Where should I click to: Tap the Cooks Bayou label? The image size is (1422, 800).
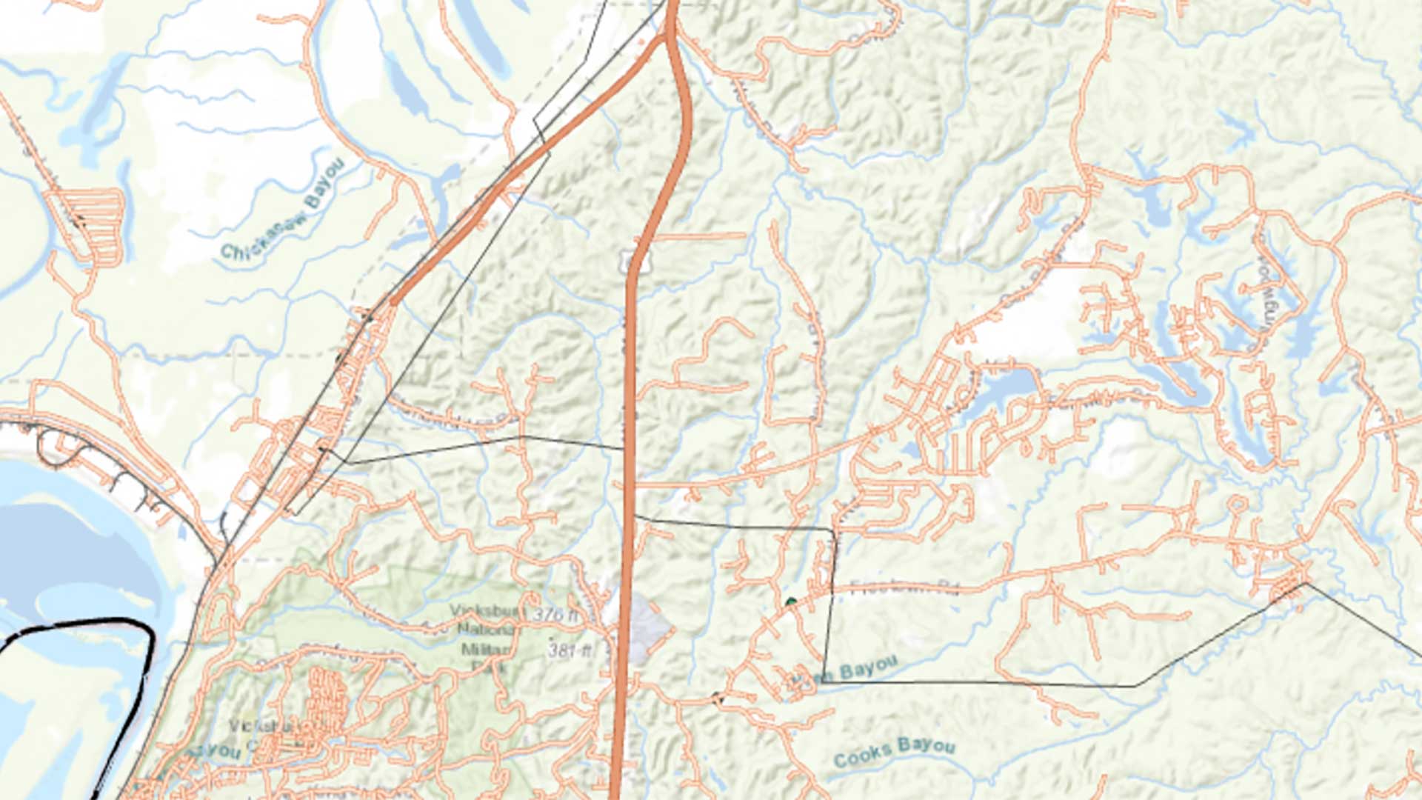click(894, 751)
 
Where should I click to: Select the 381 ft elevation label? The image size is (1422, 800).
click(570, 650)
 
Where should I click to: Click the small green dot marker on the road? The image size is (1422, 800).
click(791, 601)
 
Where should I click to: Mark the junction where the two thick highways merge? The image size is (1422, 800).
click(671, 33)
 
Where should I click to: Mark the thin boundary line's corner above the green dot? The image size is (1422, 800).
click(833, 530)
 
